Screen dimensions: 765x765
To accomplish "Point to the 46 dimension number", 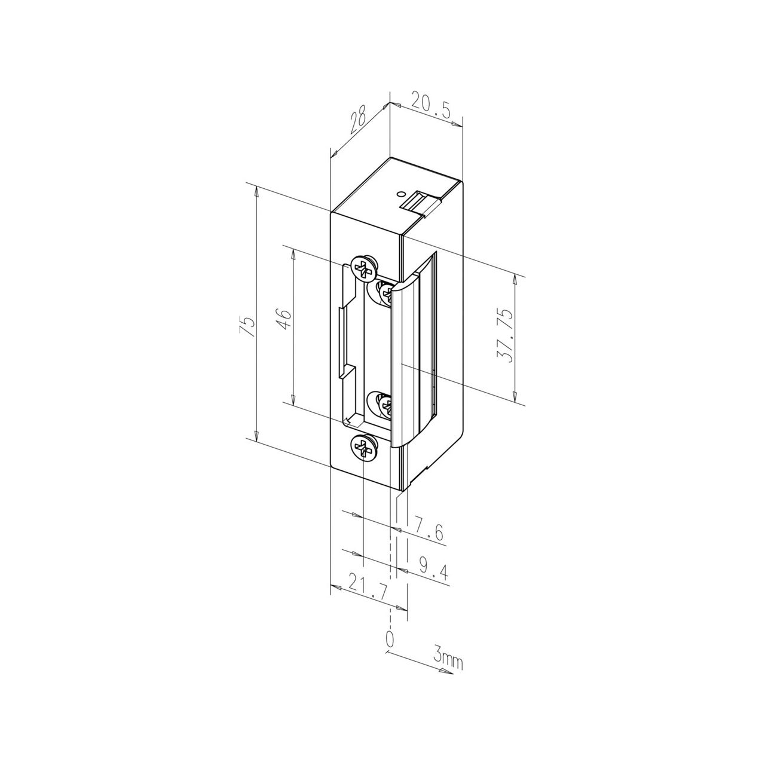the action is (284, 320).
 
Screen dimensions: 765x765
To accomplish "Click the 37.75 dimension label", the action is (505, 336).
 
